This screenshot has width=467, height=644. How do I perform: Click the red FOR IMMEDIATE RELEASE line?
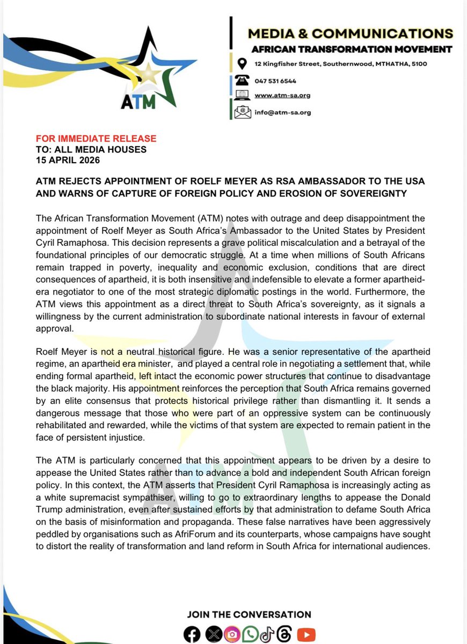coord(96,139)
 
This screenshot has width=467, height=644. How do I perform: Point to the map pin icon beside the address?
coord(242,64)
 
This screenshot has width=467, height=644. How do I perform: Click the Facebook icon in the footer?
coord(191,634)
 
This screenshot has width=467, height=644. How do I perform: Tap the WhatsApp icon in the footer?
coord(249,634)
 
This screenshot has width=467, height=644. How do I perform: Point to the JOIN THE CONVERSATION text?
coord(249,614)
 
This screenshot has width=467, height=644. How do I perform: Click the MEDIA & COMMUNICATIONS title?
coord(350,33)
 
